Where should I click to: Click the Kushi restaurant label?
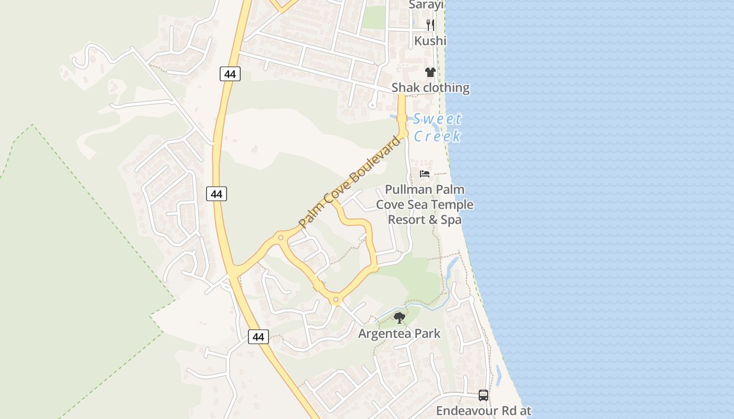pos(430,41)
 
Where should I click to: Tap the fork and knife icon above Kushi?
pos(430,24)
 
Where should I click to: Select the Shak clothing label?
pos(430,87)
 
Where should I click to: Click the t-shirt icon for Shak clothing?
pos(430,72)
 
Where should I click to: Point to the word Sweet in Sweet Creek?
pos(437,119)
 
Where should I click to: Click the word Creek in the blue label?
pos(437,136)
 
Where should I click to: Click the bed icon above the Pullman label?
pos(425,174)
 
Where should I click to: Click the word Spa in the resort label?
pos(451,219)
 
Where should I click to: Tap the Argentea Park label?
pos(400,334)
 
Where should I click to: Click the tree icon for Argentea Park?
pos(400,317)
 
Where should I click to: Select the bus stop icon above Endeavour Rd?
pos(483,395)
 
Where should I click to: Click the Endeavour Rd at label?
pos(483,411)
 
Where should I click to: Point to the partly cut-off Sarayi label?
pos(426,5)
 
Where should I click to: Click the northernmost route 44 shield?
pos(230,74)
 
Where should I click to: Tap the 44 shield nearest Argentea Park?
pos(258,337)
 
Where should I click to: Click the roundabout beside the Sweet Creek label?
pos(403,134)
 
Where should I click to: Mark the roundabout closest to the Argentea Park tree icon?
pos(336,301)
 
